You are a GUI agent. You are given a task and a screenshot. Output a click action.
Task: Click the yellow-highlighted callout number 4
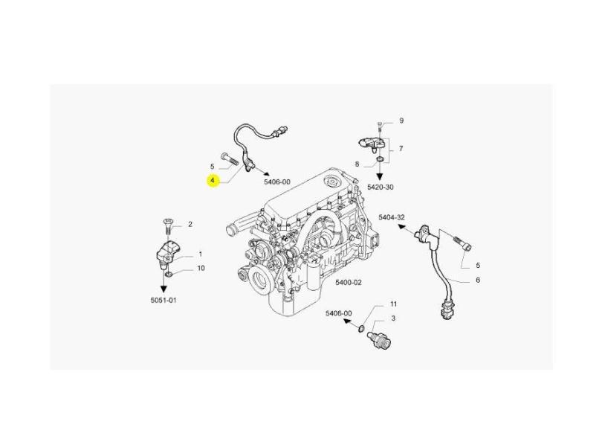click(x=213, y=181)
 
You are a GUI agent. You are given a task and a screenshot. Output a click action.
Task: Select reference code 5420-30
click(x=380, y=188)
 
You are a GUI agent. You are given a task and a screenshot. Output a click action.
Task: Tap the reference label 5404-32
click(x=391, y=217)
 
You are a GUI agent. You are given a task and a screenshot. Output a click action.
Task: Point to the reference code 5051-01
click(x=164, y=300)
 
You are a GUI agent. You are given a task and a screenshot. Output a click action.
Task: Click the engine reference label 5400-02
click(x=349, y=283)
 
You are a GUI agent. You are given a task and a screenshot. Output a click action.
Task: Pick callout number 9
click(x=401, y=121)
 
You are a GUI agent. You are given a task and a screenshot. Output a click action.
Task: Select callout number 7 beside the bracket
click(x=401, y=148)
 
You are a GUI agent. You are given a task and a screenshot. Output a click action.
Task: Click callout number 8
click(x=357, y=164)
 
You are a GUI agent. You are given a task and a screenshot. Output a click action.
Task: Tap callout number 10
click(x=201, y=268)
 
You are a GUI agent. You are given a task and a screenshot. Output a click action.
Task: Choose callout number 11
click(x=393, y=304)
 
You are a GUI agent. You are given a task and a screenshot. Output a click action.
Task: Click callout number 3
click(x=393, y=318)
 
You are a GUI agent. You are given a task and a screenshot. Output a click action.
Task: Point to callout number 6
click(x=478, y=281)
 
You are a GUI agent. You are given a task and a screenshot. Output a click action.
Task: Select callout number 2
click(x=190, y=224)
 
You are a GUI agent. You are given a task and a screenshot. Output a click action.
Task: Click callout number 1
click(x=200, y=254)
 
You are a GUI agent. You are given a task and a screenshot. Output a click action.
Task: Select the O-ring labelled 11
click(x=362, y=329)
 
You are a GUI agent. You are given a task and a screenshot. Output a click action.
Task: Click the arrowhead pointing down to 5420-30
click(x=380, y=177)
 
